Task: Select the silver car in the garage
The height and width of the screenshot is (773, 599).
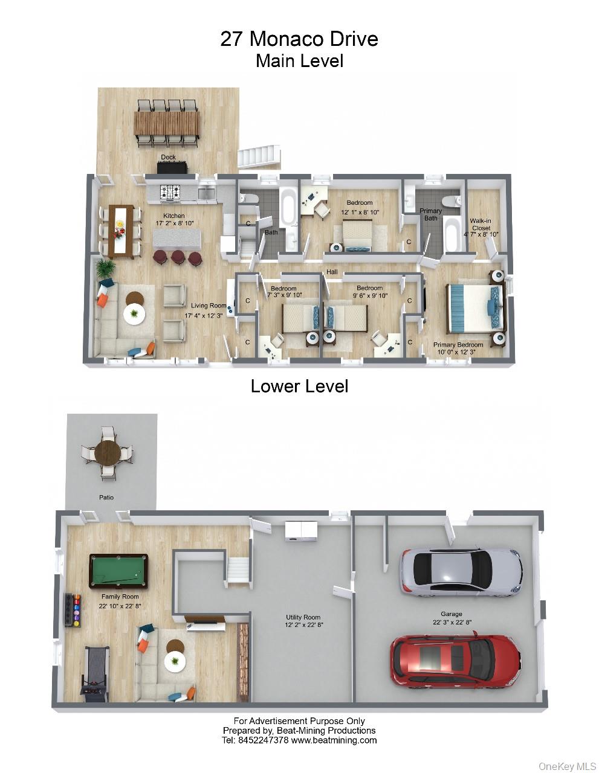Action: tap(461, 572)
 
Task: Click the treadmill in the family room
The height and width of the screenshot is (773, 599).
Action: tap(96, 675)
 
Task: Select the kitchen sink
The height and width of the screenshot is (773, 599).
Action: tap(206, 193)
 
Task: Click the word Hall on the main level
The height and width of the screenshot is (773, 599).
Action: tap(332, 272)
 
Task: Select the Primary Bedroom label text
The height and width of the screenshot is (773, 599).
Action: tap(458, 345)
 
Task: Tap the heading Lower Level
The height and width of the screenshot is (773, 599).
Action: tap(299, 386)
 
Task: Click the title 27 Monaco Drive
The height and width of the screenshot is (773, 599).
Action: tap(299, 39)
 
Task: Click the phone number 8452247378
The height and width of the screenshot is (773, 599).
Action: tap(263, 740)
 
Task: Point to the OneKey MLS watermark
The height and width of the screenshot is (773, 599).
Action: tap(568, 766)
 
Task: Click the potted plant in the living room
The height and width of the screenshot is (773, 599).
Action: tap(105, 267)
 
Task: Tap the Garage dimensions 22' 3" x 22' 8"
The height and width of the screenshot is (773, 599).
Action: tap(452, 622)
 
